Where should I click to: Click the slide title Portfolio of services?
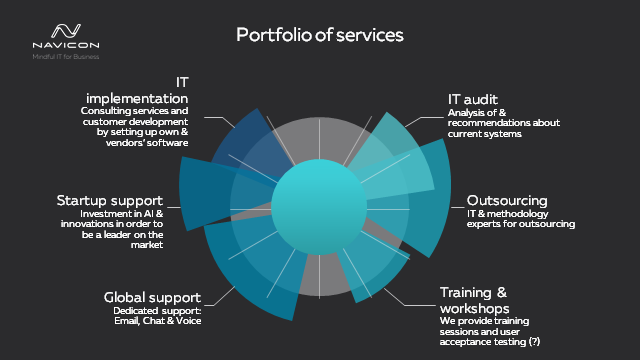320,35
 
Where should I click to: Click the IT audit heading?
475,99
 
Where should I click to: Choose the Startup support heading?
110,201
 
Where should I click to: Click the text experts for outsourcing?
521,224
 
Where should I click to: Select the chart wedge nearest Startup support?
215,189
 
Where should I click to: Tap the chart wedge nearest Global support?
240,270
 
